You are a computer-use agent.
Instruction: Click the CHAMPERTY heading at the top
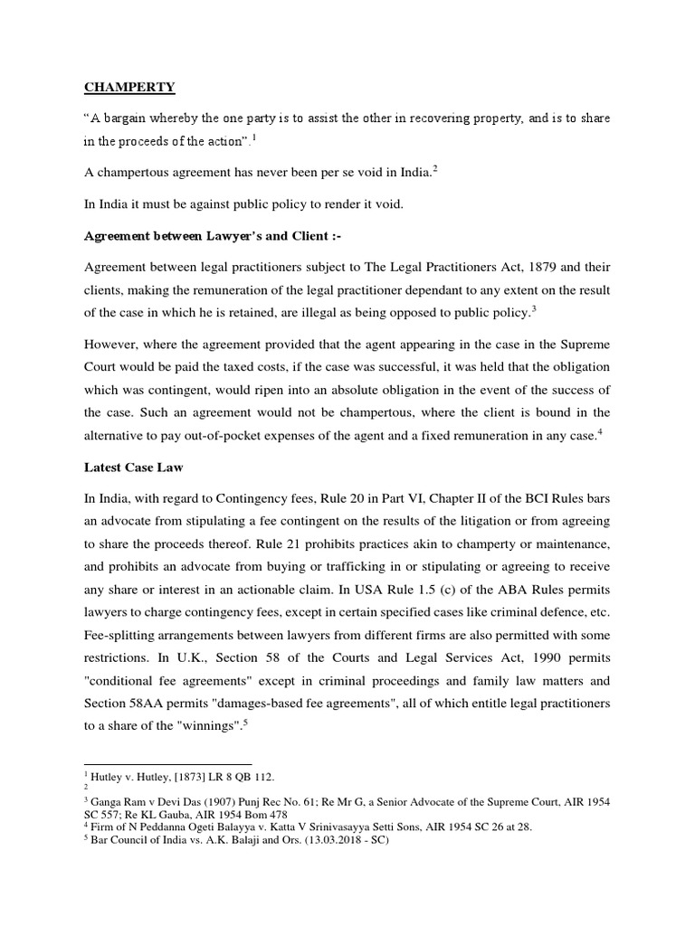click(129, 88)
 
